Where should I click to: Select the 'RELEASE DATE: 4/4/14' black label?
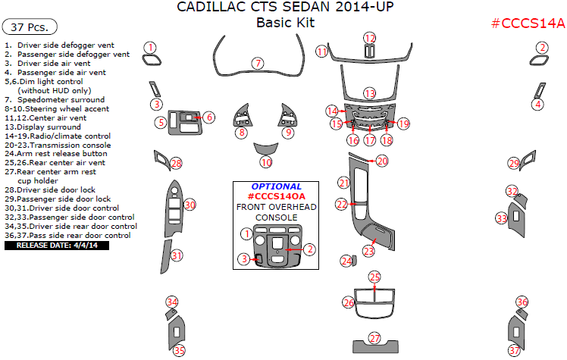click(57, 245)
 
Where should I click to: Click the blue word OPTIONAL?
click(276, 186)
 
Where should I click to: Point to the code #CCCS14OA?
click(276, 196)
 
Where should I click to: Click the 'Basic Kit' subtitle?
click(285, 23)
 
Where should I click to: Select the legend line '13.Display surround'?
click(43, 127)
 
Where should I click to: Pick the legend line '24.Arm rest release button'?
click(56, 153)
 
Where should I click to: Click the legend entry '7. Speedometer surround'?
click(54, 100)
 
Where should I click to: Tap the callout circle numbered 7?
click(258, 63)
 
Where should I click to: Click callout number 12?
click(369, 38)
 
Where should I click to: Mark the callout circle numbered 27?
click(374, 338)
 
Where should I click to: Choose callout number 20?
click(382, 161)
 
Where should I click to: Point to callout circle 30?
click(190, 205)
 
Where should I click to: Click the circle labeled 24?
click(347, 261)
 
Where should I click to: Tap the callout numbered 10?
click(265, 162)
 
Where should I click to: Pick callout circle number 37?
click(515, 350)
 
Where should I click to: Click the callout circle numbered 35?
click(179, 350)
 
